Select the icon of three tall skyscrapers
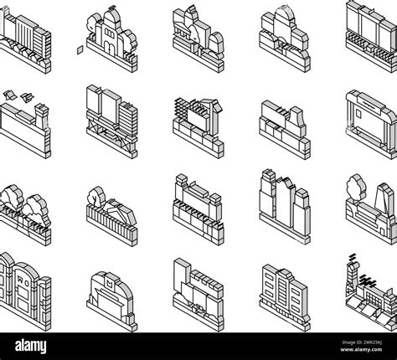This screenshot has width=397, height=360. click(281, 201)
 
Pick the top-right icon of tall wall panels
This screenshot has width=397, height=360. click(369, 33)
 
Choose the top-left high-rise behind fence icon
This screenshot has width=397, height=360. click(25, 33)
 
